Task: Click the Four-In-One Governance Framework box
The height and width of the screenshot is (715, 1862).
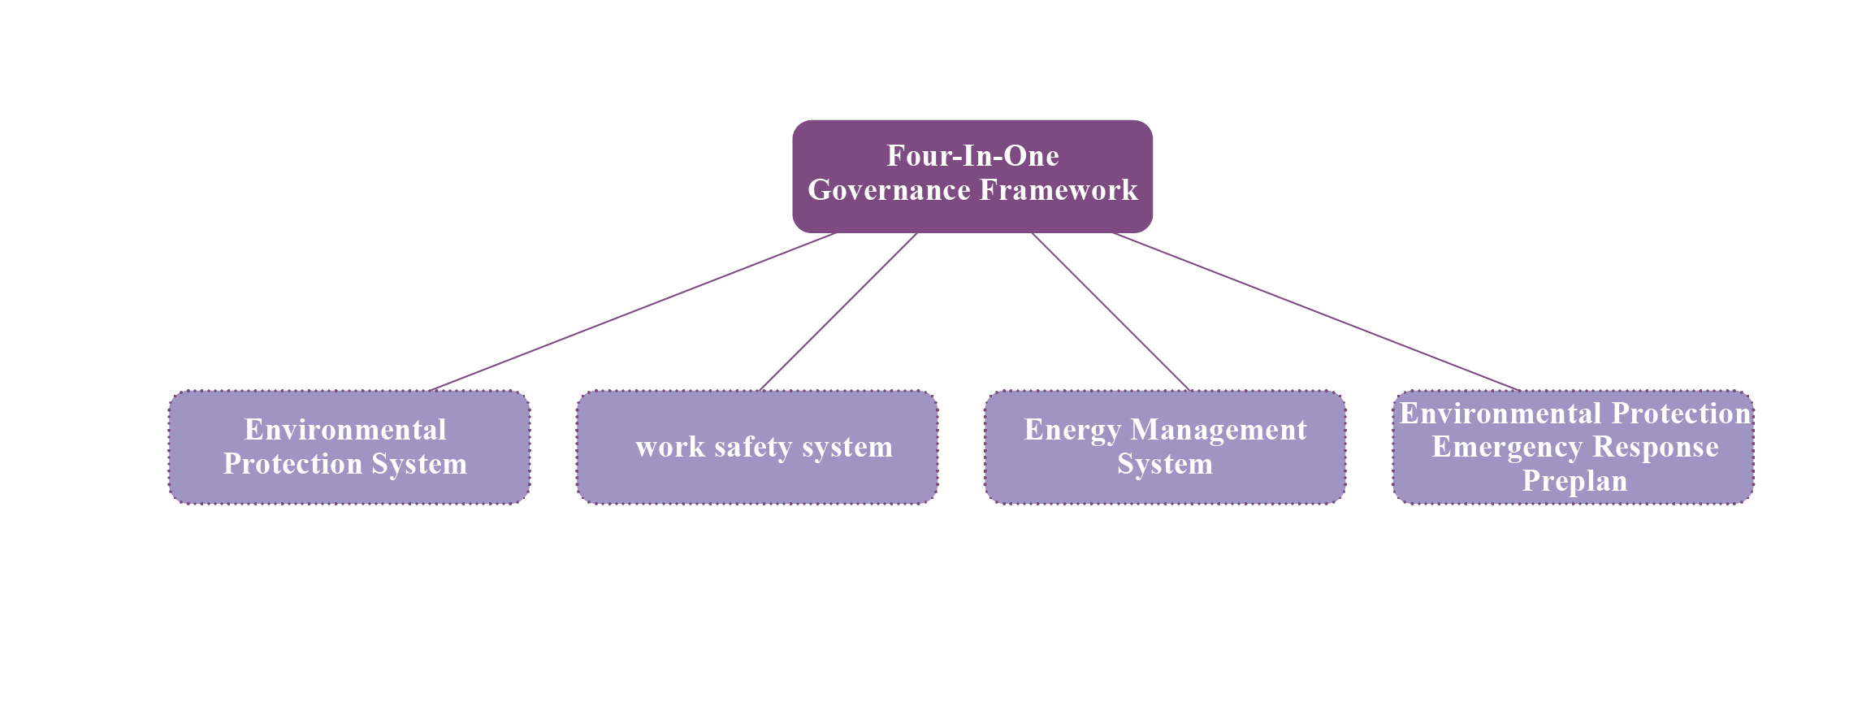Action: click(x=972, y=176)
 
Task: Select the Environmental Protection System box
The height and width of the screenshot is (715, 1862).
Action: click(x=349, y=447)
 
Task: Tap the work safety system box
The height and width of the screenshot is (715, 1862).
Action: click(x=757, y=447)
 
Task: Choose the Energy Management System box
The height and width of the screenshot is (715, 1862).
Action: click(x=1165, y=447)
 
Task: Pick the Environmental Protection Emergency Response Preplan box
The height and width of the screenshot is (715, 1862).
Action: click(x=1574, y=447)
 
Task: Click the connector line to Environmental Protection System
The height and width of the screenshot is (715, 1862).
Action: click(x=633, y=312)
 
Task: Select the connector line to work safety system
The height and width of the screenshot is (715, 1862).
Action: click(x=838, y=312)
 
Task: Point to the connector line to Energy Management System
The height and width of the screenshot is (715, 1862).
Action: click(x=1111, y=312)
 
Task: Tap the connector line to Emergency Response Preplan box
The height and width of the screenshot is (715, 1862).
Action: click(x=1317, y=312)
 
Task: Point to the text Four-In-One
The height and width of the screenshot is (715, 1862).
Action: click(x=972, y=155)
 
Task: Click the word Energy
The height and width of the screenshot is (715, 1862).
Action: click(x=1072, y=430)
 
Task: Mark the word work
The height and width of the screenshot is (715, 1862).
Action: click(x=670, y=447)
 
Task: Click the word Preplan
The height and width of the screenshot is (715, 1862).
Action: click(x=1574, y=481)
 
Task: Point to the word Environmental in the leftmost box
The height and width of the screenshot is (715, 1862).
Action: click(x=345, y=429)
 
